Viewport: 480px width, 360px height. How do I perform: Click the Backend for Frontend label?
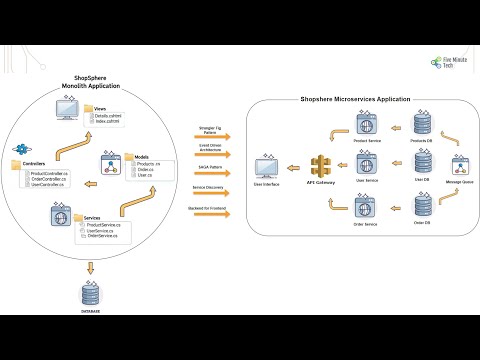point(206,208)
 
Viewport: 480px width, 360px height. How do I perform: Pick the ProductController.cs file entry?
point(48,174)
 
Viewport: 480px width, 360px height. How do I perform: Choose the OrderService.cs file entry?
point(105,236)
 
